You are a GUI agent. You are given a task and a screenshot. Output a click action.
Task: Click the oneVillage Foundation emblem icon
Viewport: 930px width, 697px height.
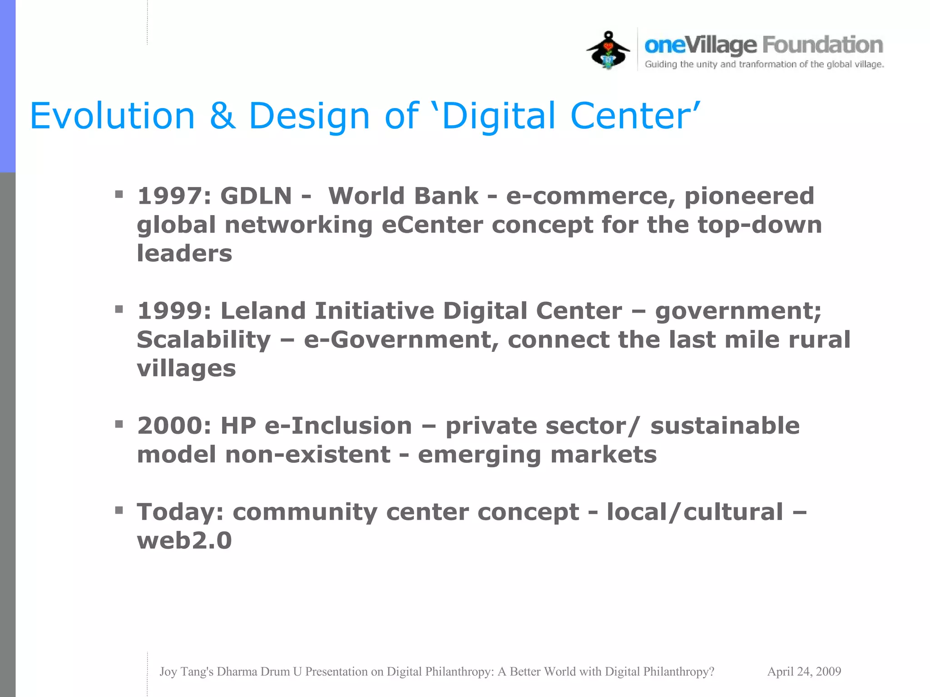tap(608, 50)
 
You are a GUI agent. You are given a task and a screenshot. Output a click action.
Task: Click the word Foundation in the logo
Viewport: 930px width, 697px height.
tap(822, 45)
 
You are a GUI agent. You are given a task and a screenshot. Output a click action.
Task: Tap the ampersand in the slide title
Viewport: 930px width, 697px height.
tap(223, 116)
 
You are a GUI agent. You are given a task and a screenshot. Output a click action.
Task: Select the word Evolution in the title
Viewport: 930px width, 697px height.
tap(112, 116)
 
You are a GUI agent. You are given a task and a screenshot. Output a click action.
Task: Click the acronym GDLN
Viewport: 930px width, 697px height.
tap(256, 196)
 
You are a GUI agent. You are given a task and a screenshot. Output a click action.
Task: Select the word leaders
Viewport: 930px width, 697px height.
tap(184, 253)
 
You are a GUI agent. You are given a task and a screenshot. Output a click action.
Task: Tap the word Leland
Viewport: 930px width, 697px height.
tap(263, 311)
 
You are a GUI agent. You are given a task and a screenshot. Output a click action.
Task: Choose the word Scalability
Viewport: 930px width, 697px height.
tap(203, 340)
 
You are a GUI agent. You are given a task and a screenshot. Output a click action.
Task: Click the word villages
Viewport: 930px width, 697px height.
tap(186, 368)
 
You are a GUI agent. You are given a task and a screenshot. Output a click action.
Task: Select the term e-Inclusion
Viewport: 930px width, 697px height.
tap(338, 426)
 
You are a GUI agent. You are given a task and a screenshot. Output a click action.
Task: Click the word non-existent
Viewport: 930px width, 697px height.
tap(307, 454)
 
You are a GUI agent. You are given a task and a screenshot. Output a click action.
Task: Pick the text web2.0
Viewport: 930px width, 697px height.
tap(184, 540)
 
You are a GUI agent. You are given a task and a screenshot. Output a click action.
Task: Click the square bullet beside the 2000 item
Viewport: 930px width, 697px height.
tap(119, 424)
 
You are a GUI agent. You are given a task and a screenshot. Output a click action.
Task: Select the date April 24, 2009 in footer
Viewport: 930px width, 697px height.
tap(804, 672)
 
